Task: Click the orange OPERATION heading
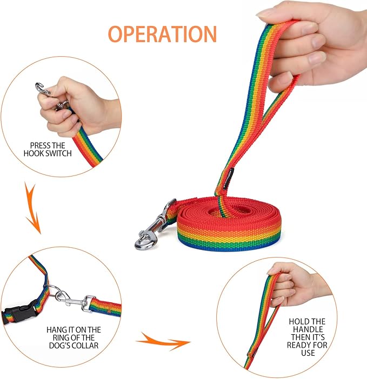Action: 162,34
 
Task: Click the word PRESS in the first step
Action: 40,146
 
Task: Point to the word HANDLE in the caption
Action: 308,329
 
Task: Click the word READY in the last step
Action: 299,345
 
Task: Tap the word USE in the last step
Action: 308,353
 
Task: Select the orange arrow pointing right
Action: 164,342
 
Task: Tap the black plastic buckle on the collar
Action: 19,313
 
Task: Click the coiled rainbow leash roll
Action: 229,224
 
